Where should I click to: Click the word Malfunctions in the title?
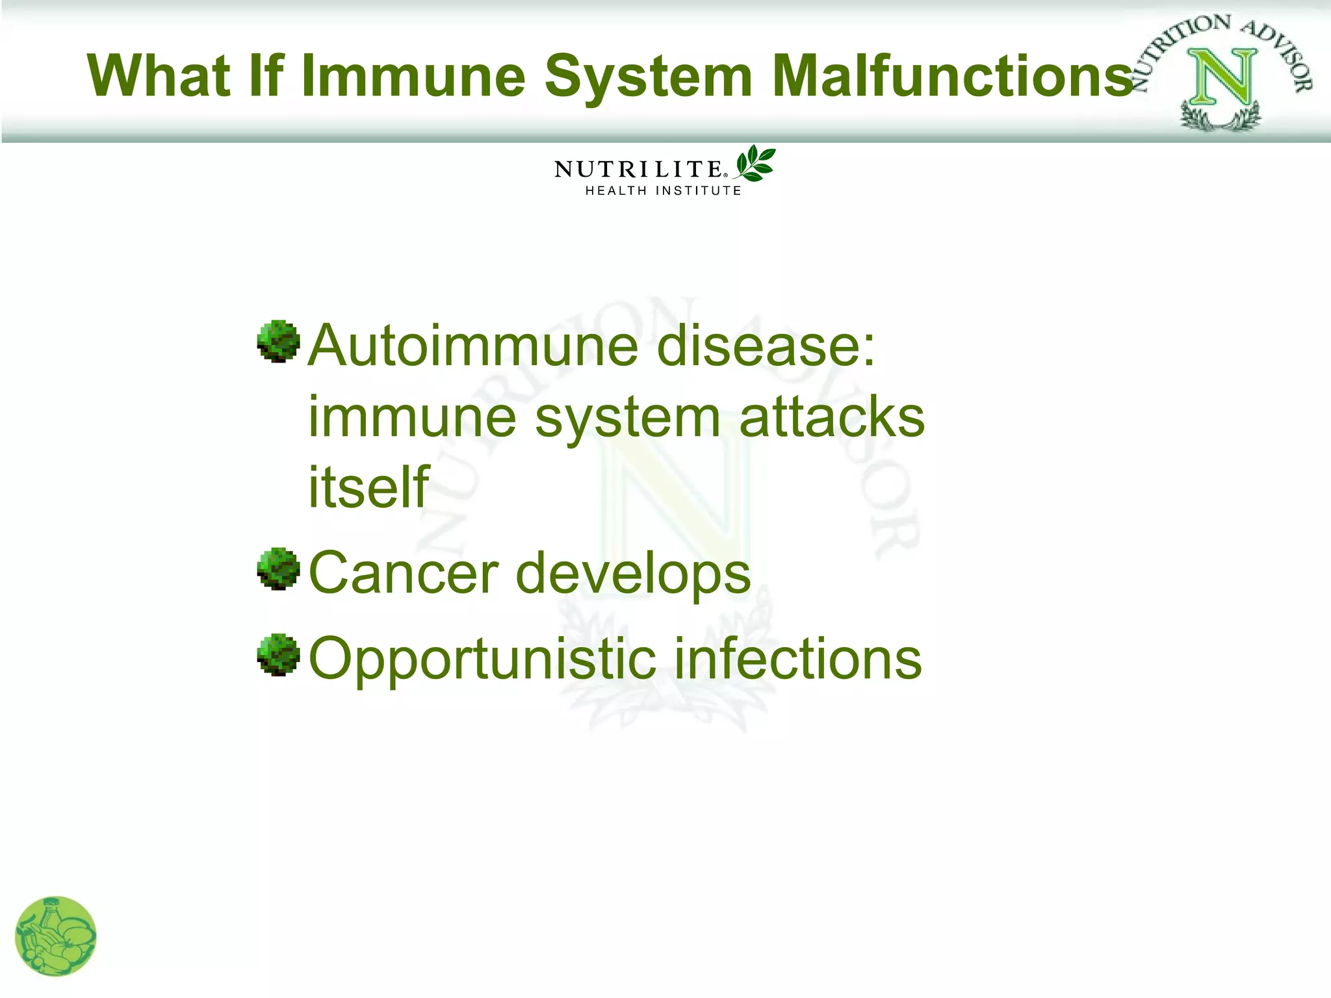[x=953, y=76]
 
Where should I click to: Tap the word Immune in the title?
[x=413, y=76]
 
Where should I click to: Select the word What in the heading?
[x=159, y=76]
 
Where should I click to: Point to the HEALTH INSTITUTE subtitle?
[x=663, y=190]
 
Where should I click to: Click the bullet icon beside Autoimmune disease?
[x=278, y=340]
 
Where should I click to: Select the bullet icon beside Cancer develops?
[x=278, y=569]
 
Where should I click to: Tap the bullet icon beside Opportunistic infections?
[x=278, y=654]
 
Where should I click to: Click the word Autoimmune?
[x=472, y=346]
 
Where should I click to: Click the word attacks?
[x=832, y=417]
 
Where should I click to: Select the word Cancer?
[x=403, y=573]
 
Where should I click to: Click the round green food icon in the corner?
[x=56, y=936]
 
